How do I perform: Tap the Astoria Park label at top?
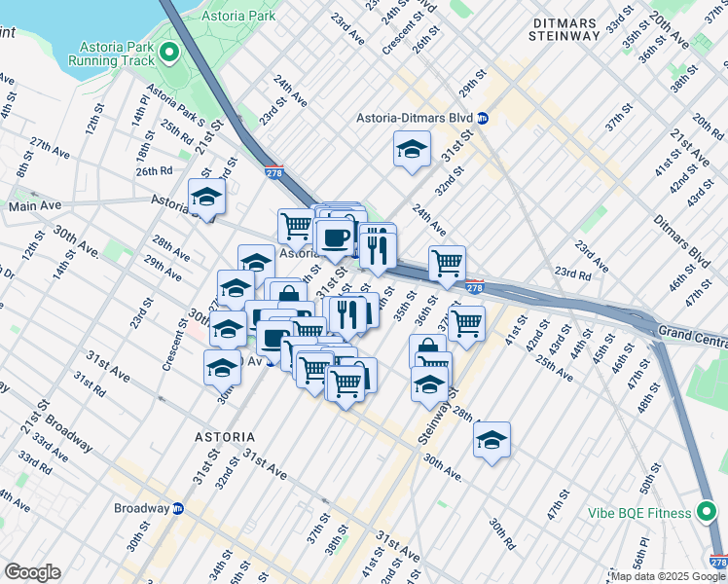(x=238, y=17)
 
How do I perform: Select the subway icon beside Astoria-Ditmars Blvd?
(x=483, y=119)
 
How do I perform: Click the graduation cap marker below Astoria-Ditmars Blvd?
(x=412, y=149)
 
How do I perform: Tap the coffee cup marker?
(x=334, y=237)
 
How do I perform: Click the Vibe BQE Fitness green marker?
(x=709, y=513)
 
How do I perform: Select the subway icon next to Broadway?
(x=178, y=508)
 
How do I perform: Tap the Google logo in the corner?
(x=31, y=571)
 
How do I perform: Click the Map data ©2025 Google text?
(x=669, y=576)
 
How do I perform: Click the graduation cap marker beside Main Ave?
(x=206, y=197)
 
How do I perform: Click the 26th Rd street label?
(x=154, y=171)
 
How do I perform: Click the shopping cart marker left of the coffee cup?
(x=296, y=226)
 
